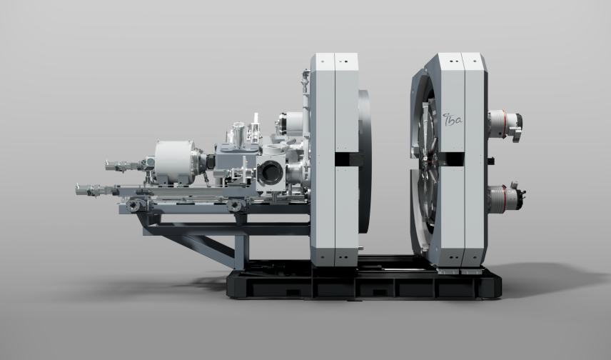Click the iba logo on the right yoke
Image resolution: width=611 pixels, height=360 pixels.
(453, 120)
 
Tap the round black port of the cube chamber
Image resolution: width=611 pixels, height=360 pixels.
(270, 172)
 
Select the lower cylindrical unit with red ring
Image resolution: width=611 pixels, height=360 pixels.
(506, 198)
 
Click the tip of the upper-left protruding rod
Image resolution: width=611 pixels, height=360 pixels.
(106, 166)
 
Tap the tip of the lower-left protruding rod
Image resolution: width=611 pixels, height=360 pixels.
(77, 189)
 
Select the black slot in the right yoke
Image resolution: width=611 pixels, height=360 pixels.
(452, 159)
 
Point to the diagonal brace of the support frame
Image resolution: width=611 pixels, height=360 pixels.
(198, 247)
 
